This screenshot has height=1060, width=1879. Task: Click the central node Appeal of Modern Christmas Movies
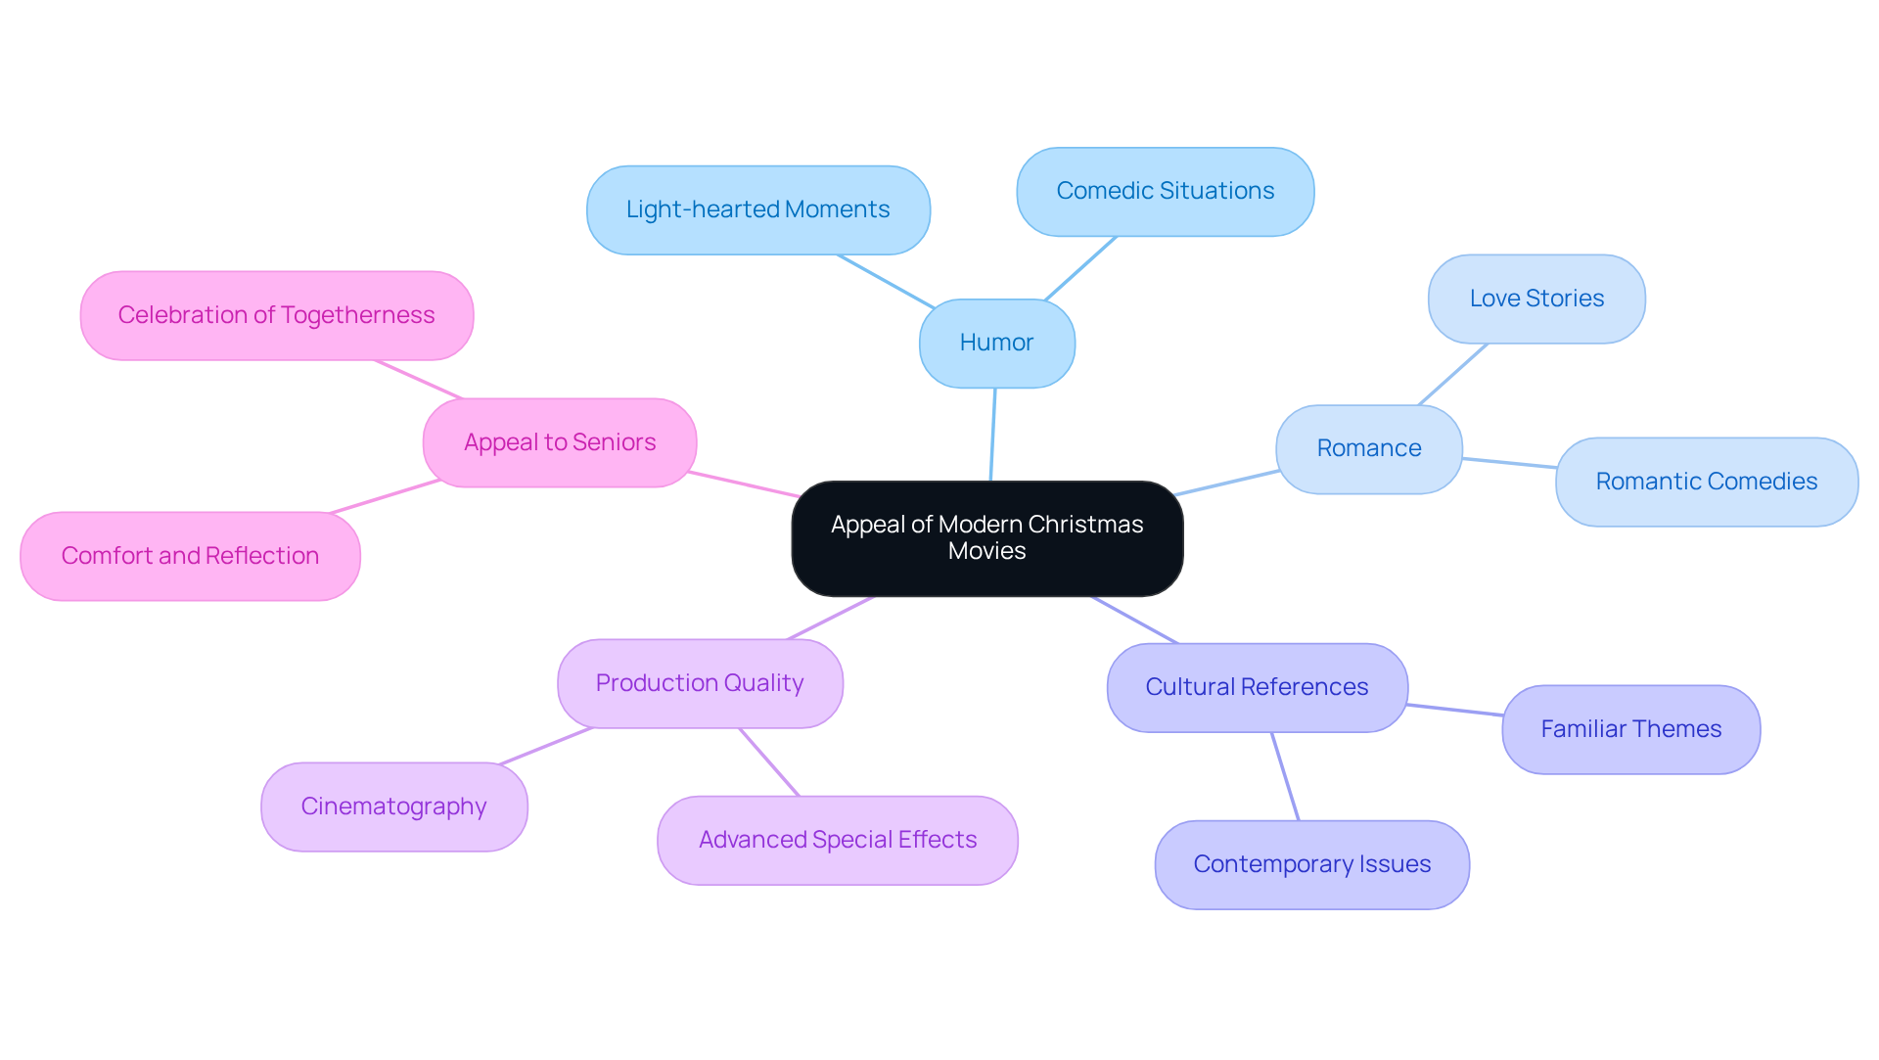986,538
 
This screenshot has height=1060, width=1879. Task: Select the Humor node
996,343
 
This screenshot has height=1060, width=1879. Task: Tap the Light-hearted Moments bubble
757,209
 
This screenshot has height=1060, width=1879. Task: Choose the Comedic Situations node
1165,191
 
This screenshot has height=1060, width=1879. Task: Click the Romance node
1368,448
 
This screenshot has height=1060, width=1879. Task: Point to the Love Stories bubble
1536,299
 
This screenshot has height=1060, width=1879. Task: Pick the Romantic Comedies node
1706,482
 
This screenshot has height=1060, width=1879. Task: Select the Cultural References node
1257,687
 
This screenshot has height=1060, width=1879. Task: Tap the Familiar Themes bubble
1630,729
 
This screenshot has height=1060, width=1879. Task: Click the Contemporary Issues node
1311,864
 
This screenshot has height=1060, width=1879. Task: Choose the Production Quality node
700,683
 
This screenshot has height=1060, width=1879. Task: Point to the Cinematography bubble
393,807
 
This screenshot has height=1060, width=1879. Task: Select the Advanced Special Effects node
837,840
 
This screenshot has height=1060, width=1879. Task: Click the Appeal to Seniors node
560,442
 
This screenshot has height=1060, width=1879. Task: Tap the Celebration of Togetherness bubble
276,315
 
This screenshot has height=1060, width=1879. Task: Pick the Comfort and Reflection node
190,556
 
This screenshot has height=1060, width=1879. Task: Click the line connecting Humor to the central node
993,435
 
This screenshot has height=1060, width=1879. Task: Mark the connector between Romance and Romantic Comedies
1509,463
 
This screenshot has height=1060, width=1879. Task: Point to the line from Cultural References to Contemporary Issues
1285,776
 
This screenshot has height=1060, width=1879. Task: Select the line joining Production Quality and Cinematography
546,746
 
